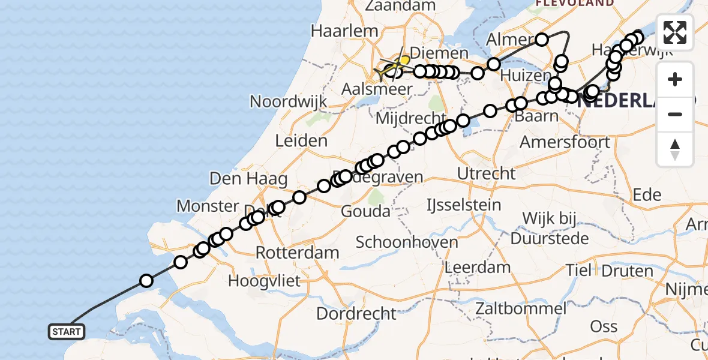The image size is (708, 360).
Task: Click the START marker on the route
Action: tap(66, 332)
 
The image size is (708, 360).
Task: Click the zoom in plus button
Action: tap(675, 80)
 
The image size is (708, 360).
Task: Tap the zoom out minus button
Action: tap(675, 115)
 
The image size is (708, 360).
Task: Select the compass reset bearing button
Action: tap(675, 149)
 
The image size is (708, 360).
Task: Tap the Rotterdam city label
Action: tap(298, 252)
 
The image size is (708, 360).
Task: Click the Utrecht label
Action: tap(486, 173)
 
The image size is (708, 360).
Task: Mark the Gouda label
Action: tap(365, 211)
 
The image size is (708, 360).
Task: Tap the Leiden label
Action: tap(301, 142)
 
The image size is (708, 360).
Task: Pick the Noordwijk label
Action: tap(289, 101)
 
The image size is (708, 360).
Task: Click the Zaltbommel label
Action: tap(520, 310)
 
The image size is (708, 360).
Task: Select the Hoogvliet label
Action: tap(264, 280)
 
